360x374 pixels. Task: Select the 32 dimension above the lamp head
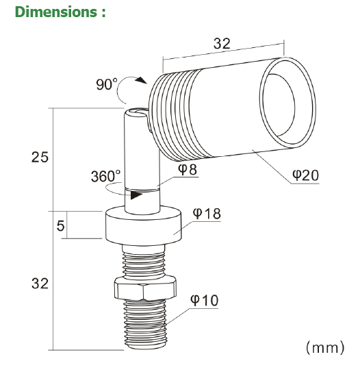click(220, 43)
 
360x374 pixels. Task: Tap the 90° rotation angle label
click(106, 86)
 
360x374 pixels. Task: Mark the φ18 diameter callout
click(206, 213)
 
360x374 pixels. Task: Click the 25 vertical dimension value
click(40, 157)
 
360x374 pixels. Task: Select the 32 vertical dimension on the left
click(40, 283)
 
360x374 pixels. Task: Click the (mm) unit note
click(323, 348)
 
